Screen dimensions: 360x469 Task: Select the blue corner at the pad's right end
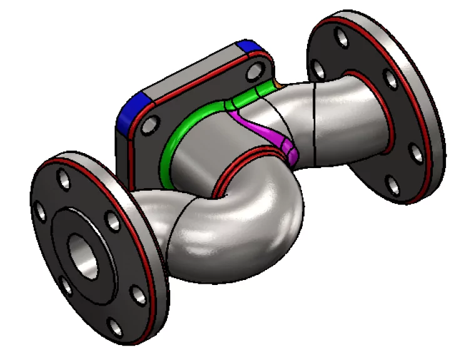[249, 47]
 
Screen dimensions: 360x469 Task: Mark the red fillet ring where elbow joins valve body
[250, 157]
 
